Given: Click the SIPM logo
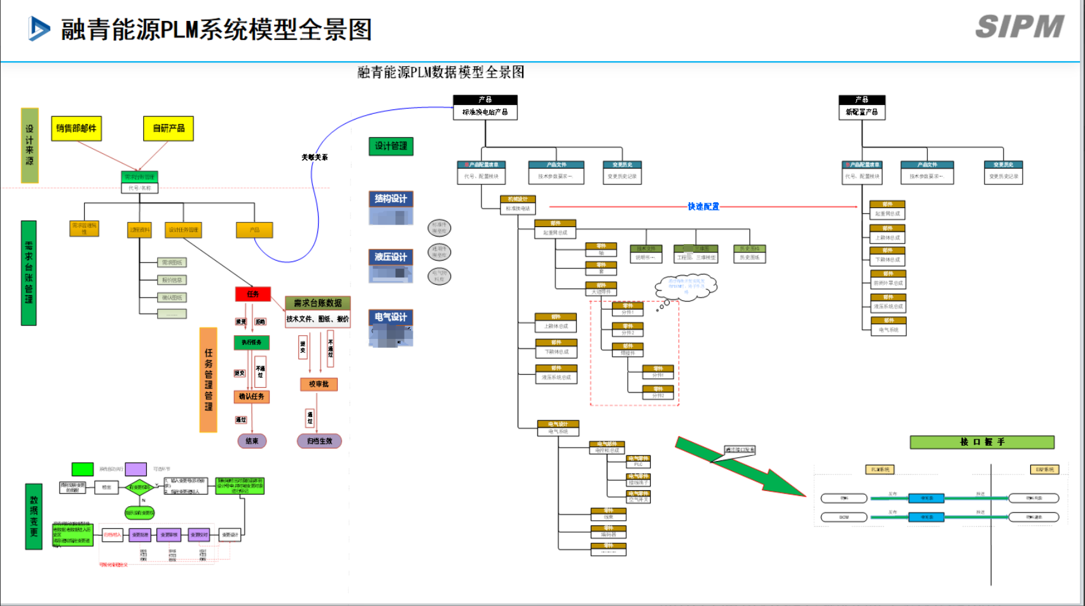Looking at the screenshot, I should pos(1019,27).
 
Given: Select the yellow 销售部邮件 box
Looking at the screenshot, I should pos(76,128).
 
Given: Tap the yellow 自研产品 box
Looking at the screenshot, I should pos(169,128).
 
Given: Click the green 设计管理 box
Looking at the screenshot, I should pos(391,146).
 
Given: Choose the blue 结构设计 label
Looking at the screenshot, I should pos(391,199).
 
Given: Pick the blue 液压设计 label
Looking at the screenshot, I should pos(391,257).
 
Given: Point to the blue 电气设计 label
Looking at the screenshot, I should pos(391,317).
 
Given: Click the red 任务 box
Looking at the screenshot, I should pos(253,294).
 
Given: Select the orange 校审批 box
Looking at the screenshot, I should pos(319,384).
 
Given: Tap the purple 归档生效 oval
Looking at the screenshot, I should pos(319,441).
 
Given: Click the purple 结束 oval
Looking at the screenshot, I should pos(252,441).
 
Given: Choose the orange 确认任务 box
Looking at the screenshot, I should pos(252,397).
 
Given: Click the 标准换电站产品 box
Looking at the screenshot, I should pos(485,112).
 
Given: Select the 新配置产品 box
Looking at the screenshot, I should pos(862,112).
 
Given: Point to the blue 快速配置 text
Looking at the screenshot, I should pos(703,207).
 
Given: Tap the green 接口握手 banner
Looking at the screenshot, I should pos(982,442).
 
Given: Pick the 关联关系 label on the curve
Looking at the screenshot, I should pos(315,157).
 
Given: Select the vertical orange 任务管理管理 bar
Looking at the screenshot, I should pos(209,380).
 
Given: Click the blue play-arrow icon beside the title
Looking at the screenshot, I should pos(39,29).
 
